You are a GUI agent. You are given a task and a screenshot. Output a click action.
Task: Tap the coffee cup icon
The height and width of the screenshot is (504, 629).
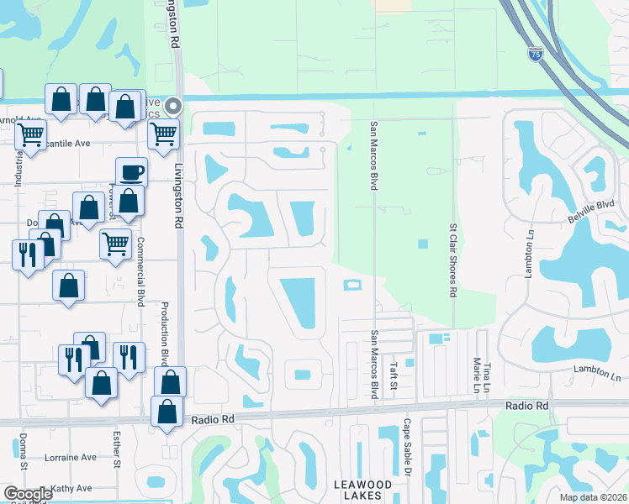(131, 173)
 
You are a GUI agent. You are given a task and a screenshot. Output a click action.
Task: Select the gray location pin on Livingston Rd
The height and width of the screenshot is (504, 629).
(173, 106)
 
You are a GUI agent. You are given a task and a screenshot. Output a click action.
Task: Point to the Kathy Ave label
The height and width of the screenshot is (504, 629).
(71, 488)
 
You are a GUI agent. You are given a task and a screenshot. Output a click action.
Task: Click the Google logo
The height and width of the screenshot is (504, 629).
(27, 494)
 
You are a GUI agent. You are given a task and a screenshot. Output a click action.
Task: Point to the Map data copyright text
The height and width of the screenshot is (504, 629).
(594, 497)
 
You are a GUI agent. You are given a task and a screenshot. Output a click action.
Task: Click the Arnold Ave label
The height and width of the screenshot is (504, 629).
(22, 120)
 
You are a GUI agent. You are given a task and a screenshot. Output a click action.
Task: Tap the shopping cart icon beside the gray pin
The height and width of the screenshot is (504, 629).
(163, 133)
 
